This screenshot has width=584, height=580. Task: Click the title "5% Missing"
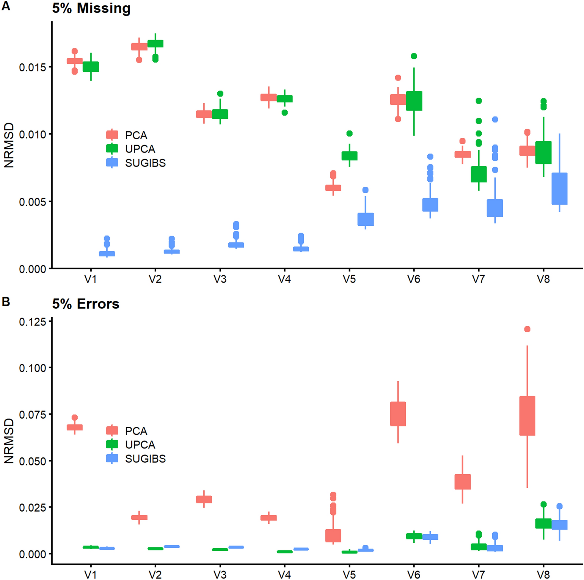(91, 8)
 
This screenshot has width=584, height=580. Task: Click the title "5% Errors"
(86, 304)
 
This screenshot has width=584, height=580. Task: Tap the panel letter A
(6, 6)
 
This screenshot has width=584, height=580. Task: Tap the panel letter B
(6, 302)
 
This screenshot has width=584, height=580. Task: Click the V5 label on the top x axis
(349, 280)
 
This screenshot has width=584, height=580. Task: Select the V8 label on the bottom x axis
(543, 575)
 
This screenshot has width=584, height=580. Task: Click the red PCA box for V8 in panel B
(527, 415)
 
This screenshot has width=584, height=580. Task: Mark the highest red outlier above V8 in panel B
(527, 329)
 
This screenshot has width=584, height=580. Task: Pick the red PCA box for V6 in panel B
(398, 413)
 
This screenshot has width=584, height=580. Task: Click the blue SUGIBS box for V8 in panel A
(559, 189)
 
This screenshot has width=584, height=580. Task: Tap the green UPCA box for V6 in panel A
(414, 101)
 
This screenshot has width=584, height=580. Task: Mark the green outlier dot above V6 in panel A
(414, 56)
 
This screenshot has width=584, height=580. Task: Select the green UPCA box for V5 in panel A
(349, 156)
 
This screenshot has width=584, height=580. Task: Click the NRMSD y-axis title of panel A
(9, 145)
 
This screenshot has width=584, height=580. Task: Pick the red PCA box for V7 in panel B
(463, 481)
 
